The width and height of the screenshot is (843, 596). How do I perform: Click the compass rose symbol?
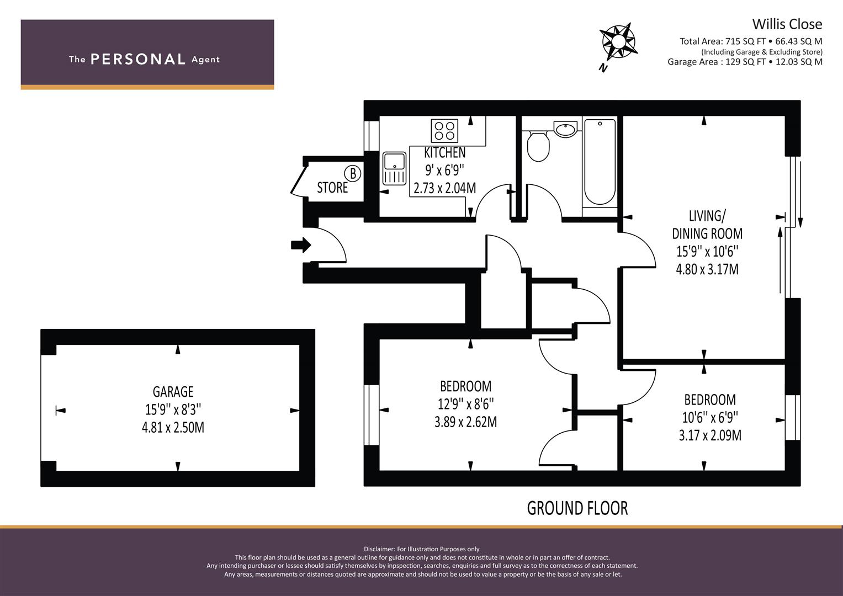618,41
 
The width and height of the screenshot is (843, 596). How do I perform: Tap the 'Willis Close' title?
787,24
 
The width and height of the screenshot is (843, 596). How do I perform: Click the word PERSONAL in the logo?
138,59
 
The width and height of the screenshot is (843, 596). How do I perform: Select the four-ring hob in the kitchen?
444,131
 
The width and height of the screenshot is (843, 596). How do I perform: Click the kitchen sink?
394,168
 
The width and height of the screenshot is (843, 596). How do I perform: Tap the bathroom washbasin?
565,130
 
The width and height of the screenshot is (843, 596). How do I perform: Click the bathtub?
600,162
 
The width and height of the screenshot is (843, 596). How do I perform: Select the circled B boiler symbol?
353,173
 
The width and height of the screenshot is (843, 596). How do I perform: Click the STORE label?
332,188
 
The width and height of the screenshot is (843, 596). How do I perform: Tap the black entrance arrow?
301,246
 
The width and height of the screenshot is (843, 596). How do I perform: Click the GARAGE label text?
173,392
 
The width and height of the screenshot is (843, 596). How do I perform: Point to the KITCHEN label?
445,152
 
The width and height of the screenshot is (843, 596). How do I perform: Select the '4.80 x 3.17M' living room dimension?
707,269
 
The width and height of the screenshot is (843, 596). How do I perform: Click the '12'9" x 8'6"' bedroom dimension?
465,404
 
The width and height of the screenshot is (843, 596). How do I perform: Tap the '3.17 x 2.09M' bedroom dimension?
710,435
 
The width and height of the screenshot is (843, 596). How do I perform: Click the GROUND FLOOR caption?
577,508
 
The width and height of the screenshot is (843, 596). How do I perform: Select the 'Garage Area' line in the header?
745,62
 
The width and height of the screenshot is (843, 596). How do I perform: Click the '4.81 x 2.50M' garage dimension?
173,428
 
